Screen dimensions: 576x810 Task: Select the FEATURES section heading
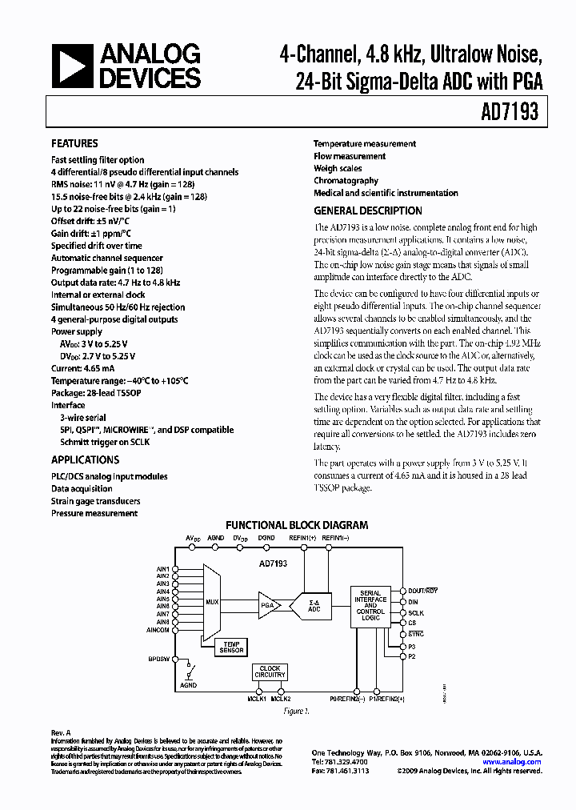[x=74, y=144]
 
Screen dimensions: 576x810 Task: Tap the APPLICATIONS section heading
[x=85, y=460]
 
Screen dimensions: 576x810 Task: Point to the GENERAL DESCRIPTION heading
[x=367, y=211]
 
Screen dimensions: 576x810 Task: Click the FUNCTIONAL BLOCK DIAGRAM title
[x=296, y=526]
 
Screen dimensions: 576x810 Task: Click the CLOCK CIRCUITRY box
[x=269, y=672]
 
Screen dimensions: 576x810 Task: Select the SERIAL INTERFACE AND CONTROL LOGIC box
[x=370, y=605]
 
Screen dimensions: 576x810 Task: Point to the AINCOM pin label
[x=157, y=630]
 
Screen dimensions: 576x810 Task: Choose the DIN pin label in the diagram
[x=413, y=602]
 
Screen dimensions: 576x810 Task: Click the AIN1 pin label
[x=162, y=569]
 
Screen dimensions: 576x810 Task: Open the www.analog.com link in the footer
[x=516, y=762]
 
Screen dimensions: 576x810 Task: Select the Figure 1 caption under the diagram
[x=296, y=709]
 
